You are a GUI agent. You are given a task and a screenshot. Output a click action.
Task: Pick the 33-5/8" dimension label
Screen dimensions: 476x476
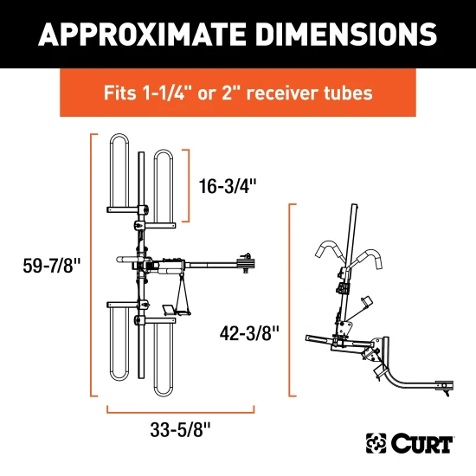180,427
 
